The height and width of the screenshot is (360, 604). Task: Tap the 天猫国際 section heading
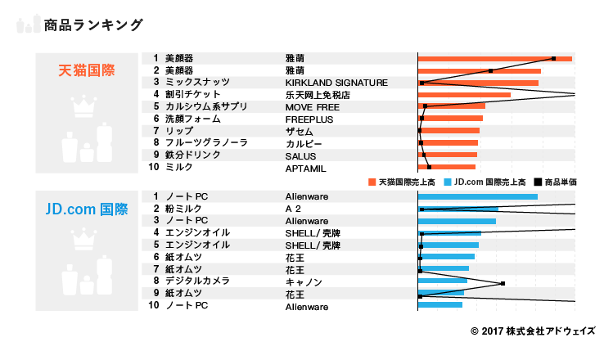pos(86,70)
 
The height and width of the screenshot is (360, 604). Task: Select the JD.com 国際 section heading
pos(86,209)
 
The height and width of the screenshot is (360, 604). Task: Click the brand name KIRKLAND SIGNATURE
pos(336,83)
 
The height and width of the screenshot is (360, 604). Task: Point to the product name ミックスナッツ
pos(197,83)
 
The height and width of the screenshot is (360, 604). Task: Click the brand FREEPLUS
pos(309,119)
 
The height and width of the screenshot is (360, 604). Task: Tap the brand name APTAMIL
pos(306,167)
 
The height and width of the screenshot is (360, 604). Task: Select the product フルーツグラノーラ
pos(206,142)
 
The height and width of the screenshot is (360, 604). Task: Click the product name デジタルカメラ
pos(202,282)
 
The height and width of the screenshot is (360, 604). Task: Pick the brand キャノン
pos(303,282)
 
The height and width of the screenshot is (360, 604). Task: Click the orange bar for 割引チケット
pos(464,95)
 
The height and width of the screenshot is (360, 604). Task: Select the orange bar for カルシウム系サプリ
pos(452,106)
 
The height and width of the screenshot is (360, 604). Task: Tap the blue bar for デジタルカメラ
pos(442,282)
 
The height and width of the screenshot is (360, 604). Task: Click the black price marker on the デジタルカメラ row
pos(503,283)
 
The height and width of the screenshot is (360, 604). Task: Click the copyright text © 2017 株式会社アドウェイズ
pos(533,331)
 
